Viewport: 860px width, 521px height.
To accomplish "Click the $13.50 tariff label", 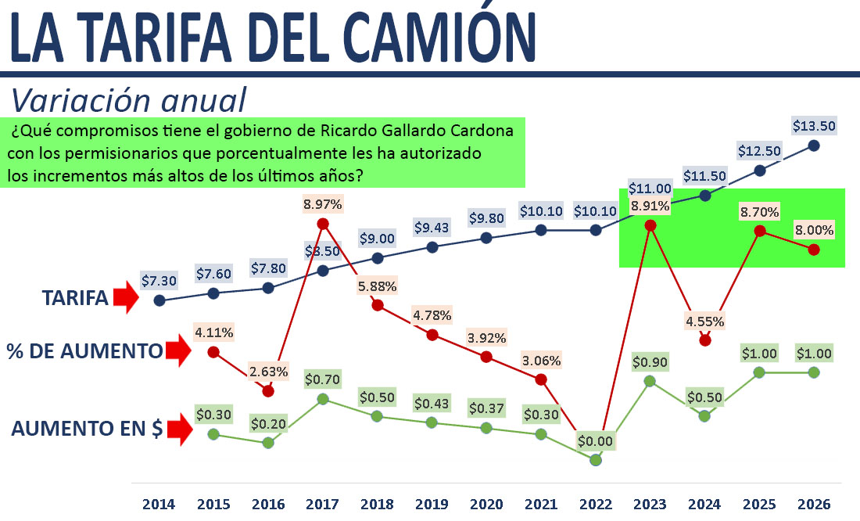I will coord(813,126).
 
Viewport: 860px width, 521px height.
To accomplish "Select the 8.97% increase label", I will coord(323,204).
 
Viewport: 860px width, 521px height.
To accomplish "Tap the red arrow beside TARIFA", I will coord(124,298).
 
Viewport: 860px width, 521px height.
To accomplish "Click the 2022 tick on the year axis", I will coord(596,505).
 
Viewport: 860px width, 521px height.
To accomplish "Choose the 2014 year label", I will coord(159,505).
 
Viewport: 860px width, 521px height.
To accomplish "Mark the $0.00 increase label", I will coord(596,440).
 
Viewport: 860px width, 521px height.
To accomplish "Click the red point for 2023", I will coord(650,225).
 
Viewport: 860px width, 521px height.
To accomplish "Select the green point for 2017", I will coord(323,399).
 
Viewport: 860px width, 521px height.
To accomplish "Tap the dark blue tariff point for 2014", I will coord(159,300).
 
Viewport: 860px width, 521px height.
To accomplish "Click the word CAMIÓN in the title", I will coord(450,37).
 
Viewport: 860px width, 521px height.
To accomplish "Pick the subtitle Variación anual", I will coord(128,100).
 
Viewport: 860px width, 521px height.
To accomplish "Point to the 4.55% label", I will coord(705,321).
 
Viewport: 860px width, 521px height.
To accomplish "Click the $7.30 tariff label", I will coord(159,279).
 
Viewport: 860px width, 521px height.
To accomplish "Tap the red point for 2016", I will coord(268,390).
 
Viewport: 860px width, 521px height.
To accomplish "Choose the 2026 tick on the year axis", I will coord(814,505).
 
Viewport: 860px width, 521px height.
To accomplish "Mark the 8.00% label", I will coord(814,230).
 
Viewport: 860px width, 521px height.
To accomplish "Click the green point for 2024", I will coord(704,416).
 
